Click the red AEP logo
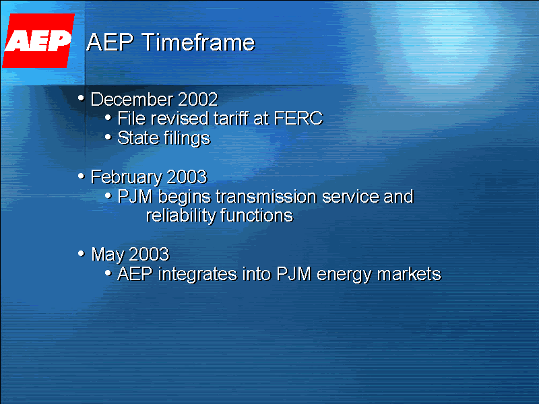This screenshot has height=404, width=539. pos(38,41)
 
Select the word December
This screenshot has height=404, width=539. pos(132,100)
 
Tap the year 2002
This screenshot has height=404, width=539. pos(198,100)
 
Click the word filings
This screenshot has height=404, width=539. pos(185,139)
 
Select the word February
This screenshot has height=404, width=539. pos(127,177)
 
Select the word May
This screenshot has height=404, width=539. pos(107,255)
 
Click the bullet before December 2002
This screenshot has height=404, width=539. pos(82,99)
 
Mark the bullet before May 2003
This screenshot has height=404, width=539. pos(82,254)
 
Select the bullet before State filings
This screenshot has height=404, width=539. pos(109,138)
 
